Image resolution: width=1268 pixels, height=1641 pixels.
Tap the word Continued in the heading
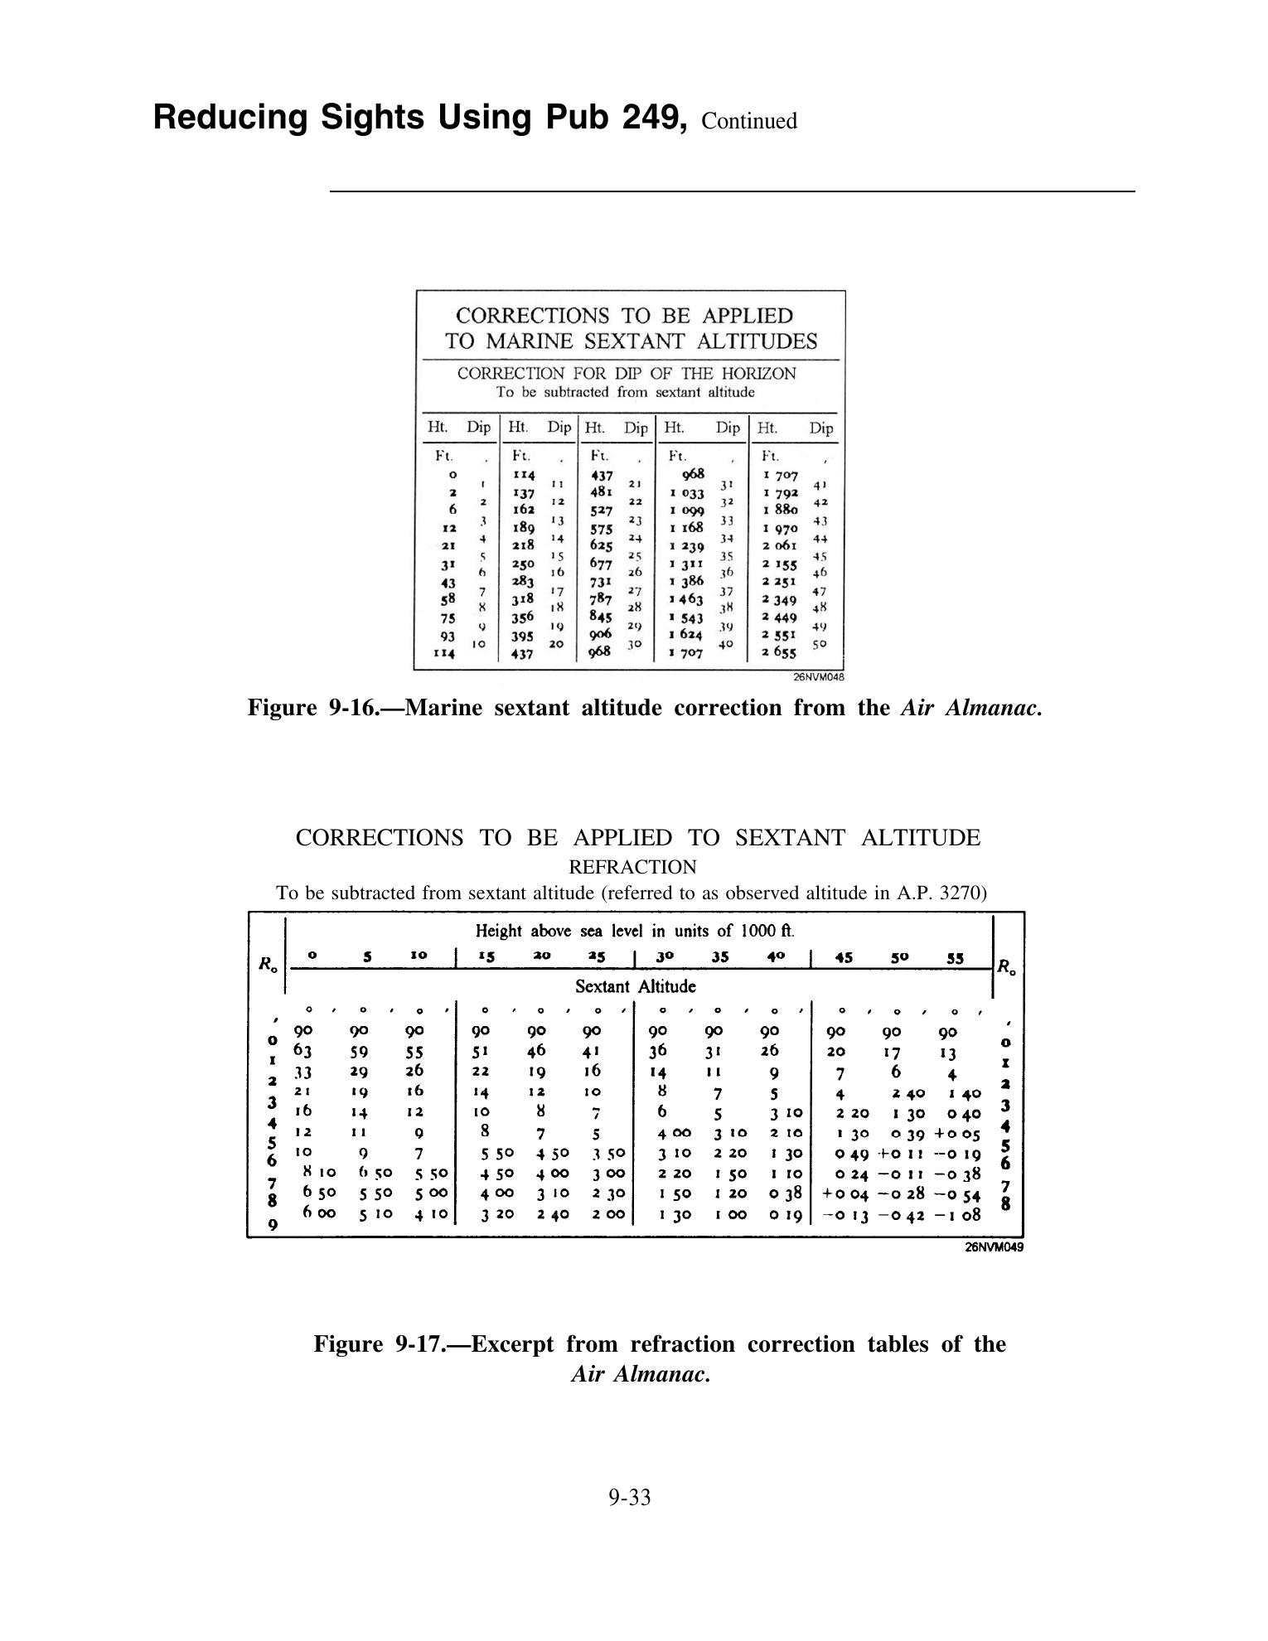749,122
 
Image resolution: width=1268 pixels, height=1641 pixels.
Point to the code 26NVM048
819,677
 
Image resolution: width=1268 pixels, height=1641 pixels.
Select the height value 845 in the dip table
600,617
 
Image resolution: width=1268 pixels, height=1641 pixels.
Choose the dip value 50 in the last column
820,643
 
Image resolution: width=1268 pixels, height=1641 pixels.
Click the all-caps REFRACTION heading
632,867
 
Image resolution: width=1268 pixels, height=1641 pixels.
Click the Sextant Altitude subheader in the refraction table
636,986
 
